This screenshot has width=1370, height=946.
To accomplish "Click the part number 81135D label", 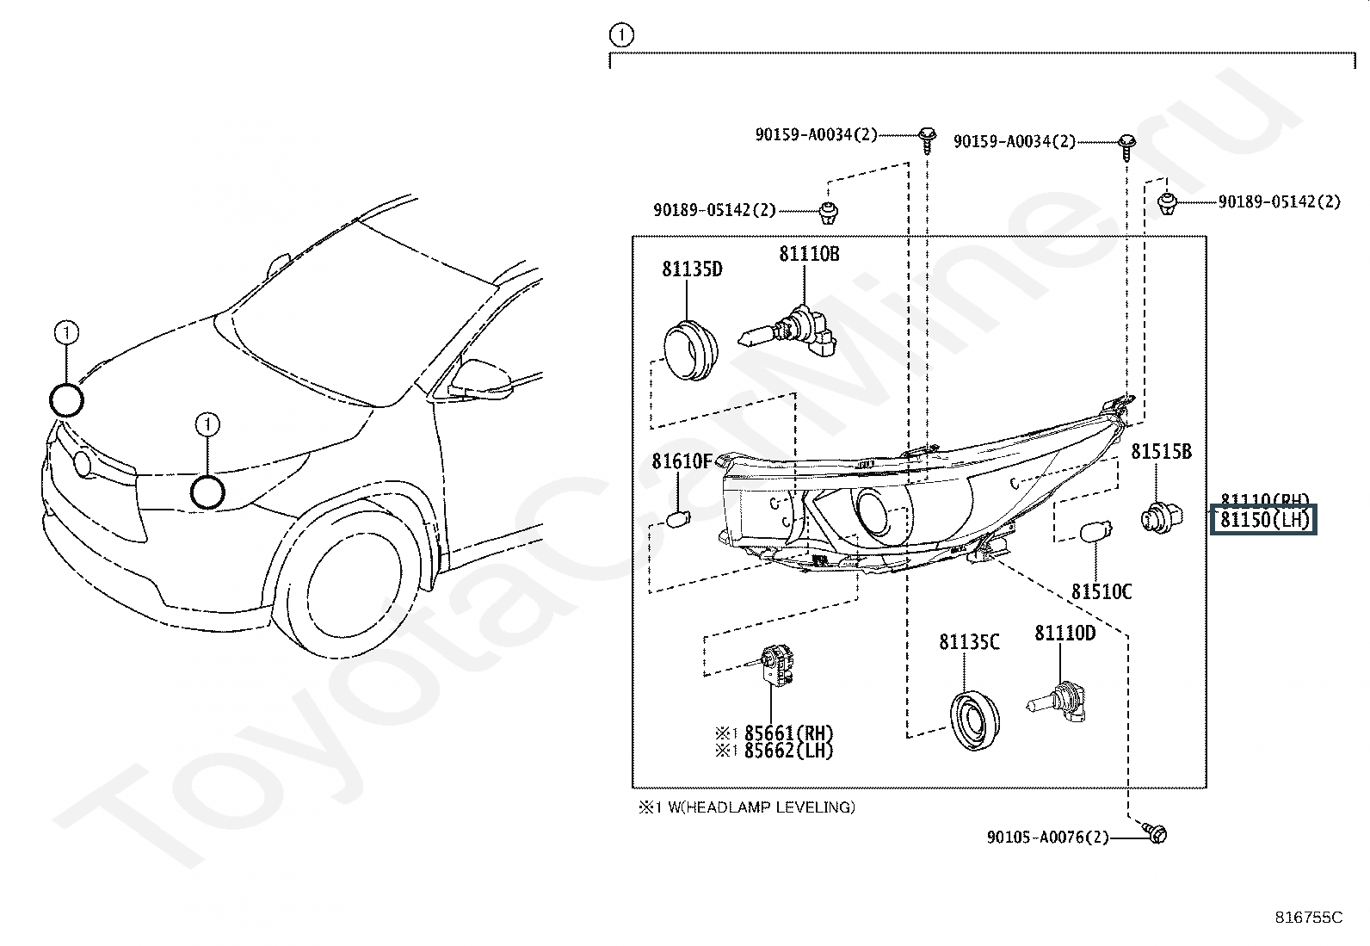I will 692,269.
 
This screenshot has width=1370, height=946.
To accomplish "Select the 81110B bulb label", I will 809,254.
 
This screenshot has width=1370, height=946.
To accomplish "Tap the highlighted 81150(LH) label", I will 1263,520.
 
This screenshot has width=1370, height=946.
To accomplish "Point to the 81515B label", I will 1161,451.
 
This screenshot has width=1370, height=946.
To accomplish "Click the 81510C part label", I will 1101,592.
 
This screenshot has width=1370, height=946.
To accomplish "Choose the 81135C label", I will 969,642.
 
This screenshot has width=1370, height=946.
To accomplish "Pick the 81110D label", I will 1065,634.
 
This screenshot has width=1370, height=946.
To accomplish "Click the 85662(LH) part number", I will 788,751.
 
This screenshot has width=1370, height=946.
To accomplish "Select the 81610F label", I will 682,461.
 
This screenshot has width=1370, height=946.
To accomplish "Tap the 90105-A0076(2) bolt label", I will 1047,837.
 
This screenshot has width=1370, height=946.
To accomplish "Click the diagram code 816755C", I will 1308,918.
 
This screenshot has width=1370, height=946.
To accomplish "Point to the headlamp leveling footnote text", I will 746,807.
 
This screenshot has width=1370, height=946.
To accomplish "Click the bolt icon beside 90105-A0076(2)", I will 1156,833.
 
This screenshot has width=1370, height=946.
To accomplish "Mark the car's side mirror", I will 483,380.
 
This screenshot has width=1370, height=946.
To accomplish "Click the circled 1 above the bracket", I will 620,35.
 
